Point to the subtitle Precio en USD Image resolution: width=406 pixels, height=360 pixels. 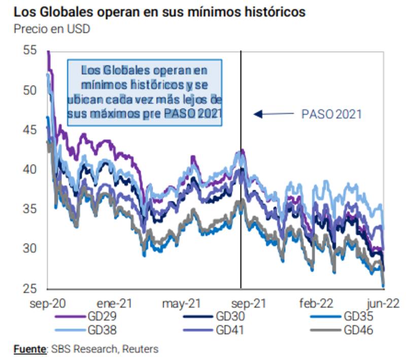coord(52,29)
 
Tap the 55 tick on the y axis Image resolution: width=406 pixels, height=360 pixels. coord(30,50)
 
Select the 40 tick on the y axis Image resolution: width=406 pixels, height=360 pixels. coord(30,169)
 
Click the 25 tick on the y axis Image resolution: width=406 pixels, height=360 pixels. coord(30,289)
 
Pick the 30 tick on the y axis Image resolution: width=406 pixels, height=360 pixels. coord(30,249)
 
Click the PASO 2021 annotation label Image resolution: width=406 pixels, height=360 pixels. coord(331,114)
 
